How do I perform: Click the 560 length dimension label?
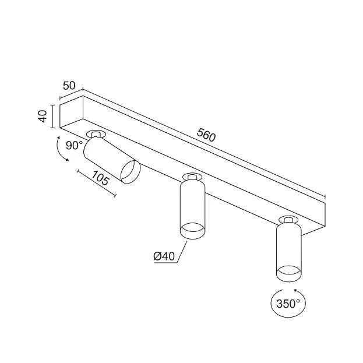(206, 135)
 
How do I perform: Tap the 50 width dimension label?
(69, 86)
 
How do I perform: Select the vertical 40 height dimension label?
(43, 116)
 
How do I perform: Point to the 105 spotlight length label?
(100, 178)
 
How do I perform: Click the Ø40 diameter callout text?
(164, 256)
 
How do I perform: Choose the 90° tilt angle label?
(74, 146)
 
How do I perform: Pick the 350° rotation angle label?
(288, 304)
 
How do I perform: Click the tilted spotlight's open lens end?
(131, 172)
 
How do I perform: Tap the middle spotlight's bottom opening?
(192, 231)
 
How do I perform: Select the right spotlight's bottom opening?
(288, 274)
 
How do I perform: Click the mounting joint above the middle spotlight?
(192, 177)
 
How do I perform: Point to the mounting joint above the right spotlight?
(288, 220)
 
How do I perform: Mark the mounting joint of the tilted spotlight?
(96, 134)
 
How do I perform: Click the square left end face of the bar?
(71, 112)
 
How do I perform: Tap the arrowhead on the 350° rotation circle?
(295, 290)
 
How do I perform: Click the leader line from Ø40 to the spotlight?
(182, 252)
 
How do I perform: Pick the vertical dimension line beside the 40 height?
(53, 116)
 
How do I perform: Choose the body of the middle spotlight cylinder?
(192, 206)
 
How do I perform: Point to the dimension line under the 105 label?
(97, 184)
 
